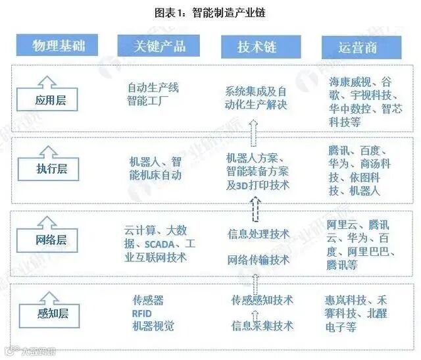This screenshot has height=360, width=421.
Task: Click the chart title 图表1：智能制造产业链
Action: pyautogui.click(x=210, y=13)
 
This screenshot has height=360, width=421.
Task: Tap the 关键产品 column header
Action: pyautogui.click(x=159, y=45)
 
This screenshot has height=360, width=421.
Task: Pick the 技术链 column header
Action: pyautogui.click(x=256, y=46)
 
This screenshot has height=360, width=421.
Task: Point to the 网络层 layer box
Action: pyautogui.click(x=55, y=240)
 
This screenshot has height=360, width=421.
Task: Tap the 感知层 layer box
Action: pyautogui.click(x=55, y=309)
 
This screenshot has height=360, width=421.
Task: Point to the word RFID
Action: pyautogui.click(x=141, y=313)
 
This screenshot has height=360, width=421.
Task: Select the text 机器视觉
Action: pyautogui.click(x=153, y=326)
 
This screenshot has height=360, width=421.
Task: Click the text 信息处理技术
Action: pyautogui.click(x=259, y=234)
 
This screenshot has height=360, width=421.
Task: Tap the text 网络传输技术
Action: pyautogui.click(x=259, y=259)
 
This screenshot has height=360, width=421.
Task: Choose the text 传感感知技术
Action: pyautogui.click(x=262, y=300)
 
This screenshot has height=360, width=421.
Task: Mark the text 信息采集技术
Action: pyautogui.click(x=262, y=325)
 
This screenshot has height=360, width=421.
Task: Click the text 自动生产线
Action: pyautogui.click(x=153, y=88)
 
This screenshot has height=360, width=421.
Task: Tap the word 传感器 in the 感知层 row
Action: pyautogui.click(x=147, y=300)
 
